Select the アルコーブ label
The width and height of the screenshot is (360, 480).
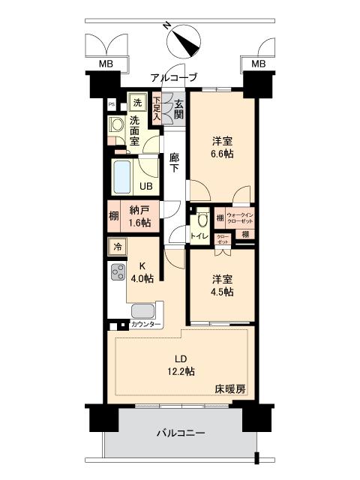(x=173, y=77)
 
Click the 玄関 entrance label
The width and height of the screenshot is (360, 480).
(x=179, y=110)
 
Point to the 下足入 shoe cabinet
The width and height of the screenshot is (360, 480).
(x=157, y=109)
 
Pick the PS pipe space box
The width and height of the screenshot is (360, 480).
(x=112, y=105)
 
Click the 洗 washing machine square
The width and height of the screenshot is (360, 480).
(x=137, y=103)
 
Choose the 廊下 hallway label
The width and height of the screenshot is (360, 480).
(x=174, y=164)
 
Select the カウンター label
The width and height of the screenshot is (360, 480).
(x=145, y=325)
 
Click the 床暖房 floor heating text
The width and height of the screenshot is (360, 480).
(x=230, y=388)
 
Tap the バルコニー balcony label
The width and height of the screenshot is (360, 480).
(x=181, y=433)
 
